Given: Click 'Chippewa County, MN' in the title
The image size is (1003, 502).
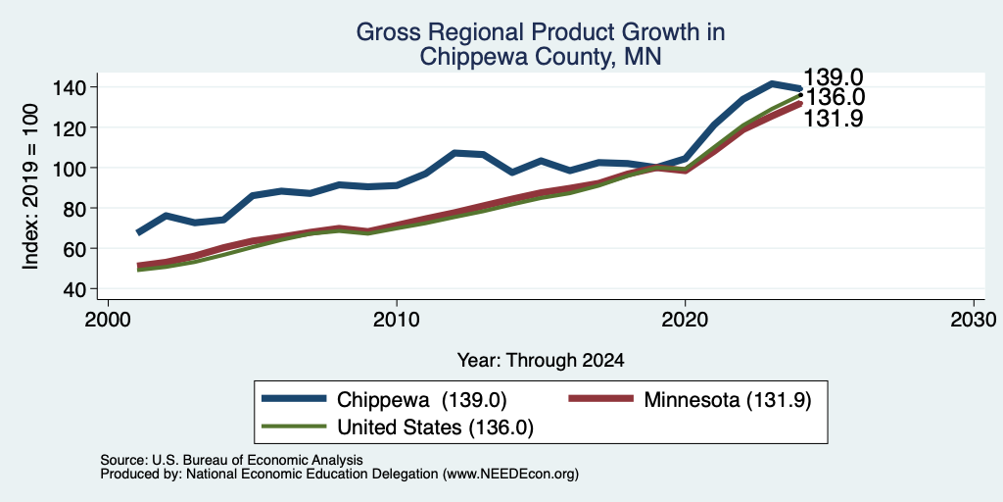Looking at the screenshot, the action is click(x=540, y=56).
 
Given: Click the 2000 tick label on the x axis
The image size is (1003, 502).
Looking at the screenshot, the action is click(x=108, y=320).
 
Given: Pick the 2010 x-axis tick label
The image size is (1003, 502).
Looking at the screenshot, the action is click(x=397, y=320).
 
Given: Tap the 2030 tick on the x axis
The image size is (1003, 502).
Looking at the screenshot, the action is click(x=973, y=320).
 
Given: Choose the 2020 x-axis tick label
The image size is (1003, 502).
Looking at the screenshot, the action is click(x=685, y=320).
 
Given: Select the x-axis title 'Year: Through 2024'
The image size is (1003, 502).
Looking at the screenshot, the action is click(x=541, y=361).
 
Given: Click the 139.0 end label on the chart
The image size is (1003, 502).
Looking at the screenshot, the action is click(x=833, y=76).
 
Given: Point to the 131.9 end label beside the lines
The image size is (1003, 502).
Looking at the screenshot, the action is click(x=833, y=119).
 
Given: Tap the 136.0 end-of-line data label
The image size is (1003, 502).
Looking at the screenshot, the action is click(x=835, y=97).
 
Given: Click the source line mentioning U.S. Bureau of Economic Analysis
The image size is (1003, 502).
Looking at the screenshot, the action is click(x=231, y=460).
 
